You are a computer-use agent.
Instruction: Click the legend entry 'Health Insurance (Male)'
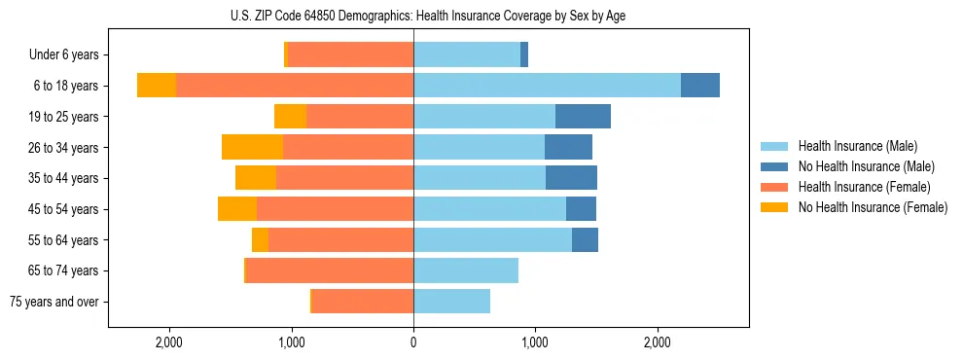point(857,146)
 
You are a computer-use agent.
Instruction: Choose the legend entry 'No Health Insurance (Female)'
point(873,207)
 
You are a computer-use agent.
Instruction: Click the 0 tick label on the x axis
point(413,342)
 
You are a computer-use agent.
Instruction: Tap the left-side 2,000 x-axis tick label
point(169,342)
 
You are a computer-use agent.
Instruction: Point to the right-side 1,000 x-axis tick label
point(535,342)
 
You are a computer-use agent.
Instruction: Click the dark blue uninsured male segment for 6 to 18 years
point(700,86)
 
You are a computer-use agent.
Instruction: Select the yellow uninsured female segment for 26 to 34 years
point(252,147)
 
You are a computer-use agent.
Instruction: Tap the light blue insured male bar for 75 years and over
point(451,302)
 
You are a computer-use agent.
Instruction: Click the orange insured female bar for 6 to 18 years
point(295,86)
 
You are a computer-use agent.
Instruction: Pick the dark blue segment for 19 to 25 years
point(583,117)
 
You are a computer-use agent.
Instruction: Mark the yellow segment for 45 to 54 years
point(237,209)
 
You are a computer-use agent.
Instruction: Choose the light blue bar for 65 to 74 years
point(466,270)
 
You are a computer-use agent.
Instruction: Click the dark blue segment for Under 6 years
point(524,54)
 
